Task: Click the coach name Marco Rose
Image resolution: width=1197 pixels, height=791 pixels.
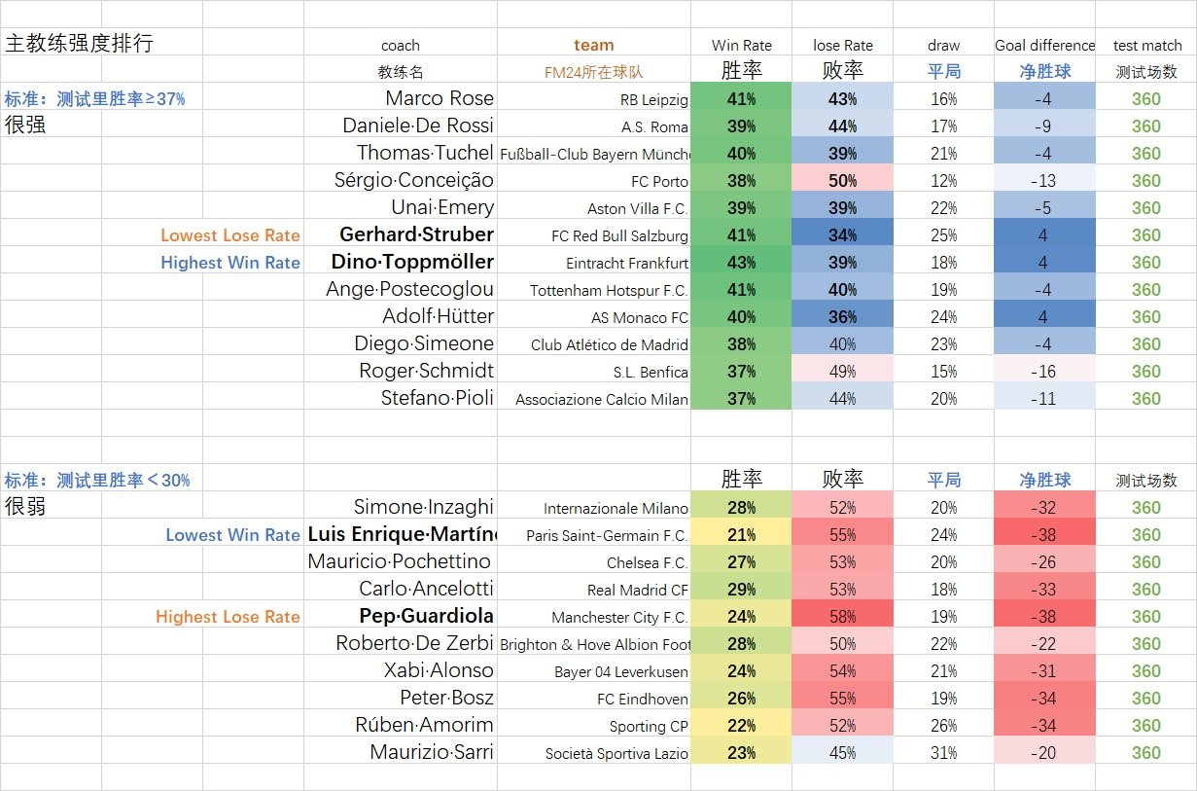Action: [439, 98]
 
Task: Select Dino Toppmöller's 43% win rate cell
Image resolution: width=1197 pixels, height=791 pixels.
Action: [741, 263]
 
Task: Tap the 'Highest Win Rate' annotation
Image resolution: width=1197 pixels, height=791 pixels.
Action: [229, 263]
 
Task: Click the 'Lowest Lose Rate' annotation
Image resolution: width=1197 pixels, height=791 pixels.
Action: [229, 235]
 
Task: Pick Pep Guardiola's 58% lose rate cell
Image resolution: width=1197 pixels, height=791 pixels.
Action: [842, 617]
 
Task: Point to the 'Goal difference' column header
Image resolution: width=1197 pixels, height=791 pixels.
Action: [1044, 45]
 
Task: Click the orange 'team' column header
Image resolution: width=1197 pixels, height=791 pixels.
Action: [593, 45]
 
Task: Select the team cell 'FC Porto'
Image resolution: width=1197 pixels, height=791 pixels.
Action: [659, 181]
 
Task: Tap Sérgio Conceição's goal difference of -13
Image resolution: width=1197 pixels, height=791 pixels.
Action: [1043, 181]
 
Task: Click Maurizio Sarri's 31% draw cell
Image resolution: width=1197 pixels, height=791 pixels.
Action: [943, 753]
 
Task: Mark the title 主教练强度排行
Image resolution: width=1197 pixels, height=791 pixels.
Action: [80, 44]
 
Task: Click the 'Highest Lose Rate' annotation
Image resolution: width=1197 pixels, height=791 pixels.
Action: [228, 617]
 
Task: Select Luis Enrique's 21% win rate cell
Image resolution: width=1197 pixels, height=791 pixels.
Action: [741, 535]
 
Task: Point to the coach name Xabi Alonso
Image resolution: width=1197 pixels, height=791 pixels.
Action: [439, 670]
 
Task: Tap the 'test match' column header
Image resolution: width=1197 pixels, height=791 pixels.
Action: [1146, 45]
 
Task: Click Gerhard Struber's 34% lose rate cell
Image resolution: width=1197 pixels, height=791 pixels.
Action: [842, 235]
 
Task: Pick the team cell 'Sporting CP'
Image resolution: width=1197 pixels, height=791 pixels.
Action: [649, 726]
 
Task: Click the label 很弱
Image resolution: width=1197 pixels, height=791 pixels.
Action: [25, 507]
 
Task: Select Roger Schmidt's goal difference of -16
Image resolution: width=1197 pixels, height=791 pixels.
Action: [1043, 372]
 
